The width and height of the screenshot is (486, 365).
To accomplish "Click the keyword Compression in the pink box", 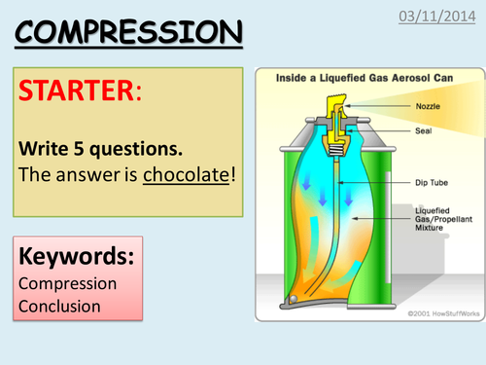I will click(x=67, y=284).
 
